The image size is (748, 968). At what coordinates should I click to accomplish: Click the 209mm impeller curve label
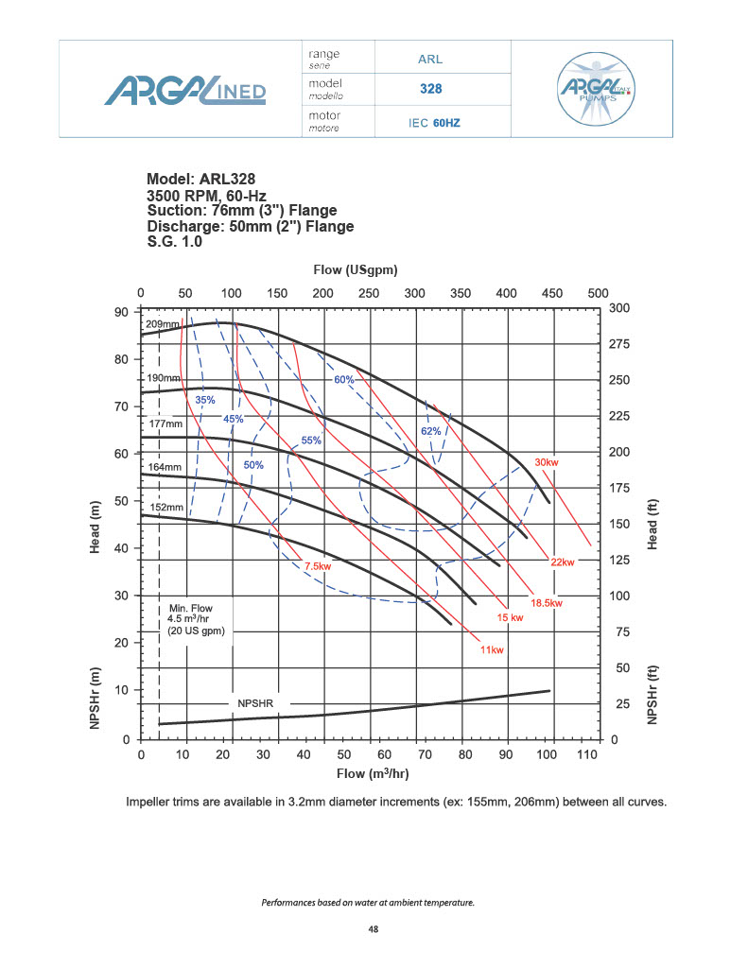162,324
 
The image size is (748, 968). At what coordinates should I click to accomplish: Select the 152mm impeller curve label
166,508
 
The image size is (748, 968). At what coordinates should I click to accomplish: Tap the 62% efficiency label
431,431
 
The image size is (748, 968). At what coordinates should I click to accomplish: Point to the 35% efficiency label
204,401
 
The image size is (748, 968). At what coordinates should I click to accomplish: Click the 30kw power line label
547,462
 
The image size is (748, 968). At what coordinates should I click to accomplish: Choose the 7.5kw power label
318,566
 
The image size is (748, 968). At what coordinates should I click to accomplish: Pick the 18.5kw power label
547,602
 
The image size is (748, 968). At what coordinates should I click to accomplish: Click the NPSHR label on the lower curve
255,703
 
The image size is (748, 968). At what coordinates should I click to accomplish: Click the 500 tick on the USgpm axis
598,293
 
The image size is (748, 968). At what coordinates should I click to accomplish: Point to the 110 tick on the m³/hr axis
587,755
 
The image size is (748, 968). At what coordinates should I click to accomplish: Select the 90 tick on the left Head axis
122,312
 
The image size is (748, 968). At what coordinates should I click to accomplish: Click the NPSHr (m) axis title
96,695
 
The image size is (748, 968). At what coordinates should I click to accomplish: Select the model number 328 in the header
431,90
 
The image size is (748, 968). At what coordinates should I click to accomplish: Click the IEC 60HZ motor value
434,123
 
